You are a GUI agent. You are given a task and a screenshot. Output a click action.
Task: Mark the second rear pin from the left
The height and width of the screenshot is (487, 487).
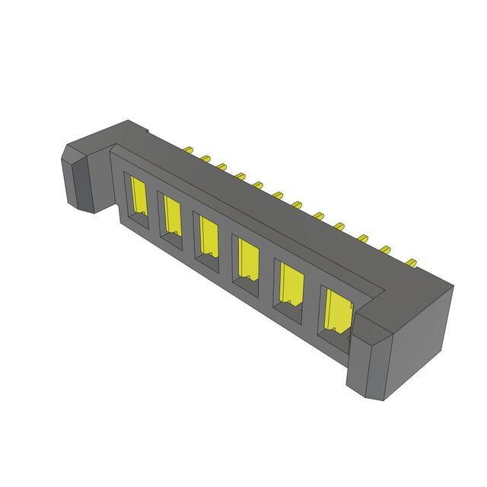(x=204, y=159)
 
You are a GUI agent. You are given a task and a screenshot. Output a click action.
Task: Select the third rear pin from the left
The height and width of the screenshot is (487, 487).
(x=221, y=167)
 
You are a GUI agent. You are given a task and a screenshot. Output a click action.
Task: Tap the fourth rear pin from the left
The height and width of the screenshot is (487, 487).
(x=240, y=176)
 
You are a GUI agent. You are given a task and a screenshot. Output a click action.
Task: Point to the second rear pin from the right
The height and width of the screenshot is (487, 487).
(x=385, y=249)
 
